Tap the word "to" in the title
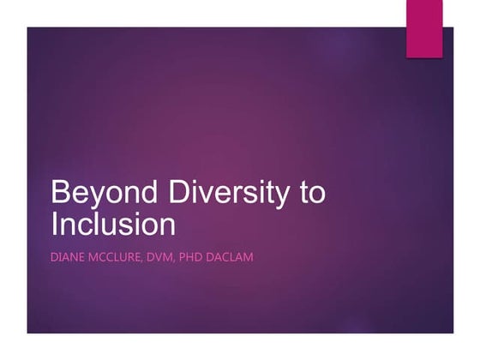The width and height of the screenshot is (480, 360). (311, 193)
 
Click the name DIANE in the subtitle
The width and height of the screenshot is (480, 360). (70, 256)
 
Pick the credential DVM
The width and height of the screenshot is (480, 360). (177, 256)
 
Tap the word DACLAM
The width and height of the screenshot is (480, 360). (251, 256)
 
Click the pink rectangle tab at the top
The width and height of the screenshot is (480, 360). (423, 28)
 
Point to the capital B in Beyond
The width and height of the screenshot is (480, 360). (60, 193)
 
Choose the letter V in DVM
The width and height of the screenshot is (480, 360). (177, 256)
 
